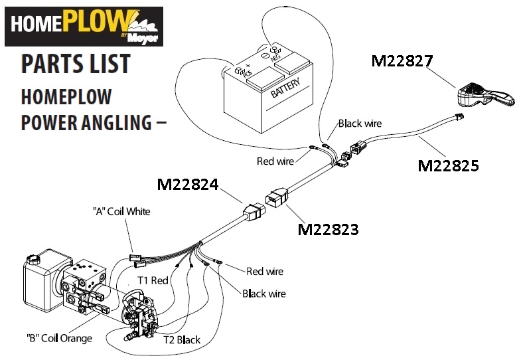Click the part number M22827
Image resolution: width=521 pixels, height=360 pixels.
pyautogui.click(x=402, y=62)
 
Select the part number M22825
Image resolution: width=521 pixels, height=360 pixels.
pyautogui.click(x=448, y=165)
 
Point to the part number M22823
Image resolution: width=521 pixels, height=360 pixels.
pyautogui.click(x=329, y=230)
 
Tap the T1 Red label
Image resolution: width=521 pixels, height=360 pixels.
pyautogui.click(x=153, y=280)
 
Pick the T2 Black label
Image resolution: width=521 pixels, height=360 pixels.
pyautogui.click(x=182, y=339)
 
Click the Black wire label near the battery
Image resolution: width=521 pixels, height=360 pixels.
pyautogui.click(x=359, y=124)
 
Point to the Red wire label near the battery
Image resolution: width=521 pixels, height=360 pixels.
pyautogui.click(x=275, y=161)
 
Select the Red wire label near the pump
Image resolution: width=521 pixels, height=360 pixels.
pyautogui.click(x=264, y=271)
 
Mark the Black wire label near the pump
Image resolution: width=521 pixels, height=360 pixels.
pyautogui.click(x=264, y=293)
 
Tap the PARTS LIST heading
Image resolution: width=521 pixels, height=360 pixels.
pyautogui.click(x=75, y=64)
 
